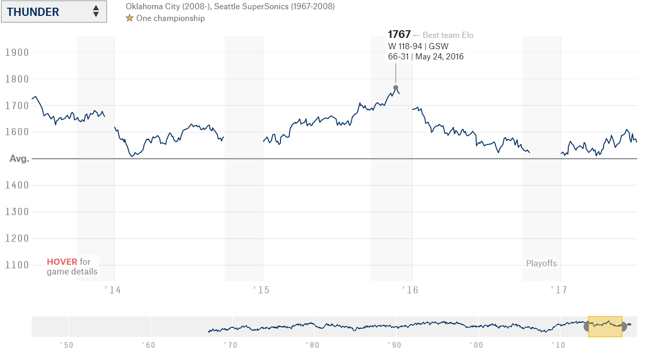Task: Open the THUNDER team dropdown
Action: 54,12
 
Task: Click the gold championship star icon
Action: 130,18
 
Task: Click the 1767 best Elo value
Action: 399,34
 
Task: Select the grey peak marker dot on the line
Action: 396,88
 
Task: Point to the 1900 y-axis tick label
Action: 17,52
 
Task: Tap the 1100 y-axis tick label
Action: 17,265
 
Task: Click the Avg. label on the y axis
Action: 19,159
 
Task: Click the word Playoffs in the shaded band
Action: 542,264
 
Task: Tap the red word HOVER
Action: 62,262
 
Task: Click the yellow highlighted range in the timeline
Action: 605,326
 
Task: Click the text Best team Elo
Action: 448,35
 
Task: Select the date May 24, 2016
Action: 439,57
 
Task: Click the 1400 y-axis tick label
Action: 17,185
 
